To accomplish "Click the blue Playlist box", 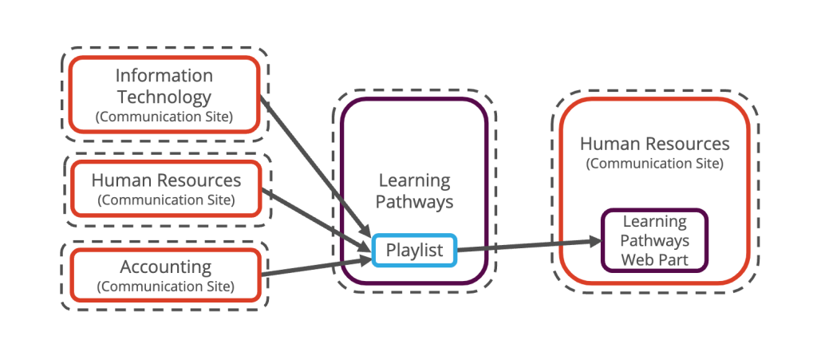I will coord(414,251).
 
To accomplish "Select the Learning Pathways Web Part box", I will coord(653,240).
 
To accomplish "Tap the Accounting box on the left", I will coord(165,275).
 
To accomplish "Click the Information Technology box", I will coord(164,95).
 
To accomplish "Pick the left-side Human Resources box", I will coord(165,189).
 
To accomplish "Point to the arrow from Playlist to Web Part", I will coord(527,246).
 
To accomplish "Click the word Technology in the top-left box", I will coord(164,97).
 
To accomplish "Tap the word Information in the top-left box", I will coord(164,77).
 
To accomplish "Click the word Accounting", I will coord(165,267).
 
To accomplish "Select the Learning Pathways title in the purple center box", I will coord(414,192).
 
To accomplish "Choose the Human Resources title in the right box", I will coord(654,144).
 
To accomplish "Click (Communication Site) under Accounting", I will coord(165,286).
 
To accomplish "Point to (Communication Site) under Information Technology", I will coord(164,117).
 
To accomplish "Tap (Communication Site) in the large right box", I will coord(654,164).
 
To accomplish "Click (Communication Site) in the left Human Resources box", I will coord(165,200).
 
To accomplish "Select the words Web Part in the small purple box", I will coord(654,259).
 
